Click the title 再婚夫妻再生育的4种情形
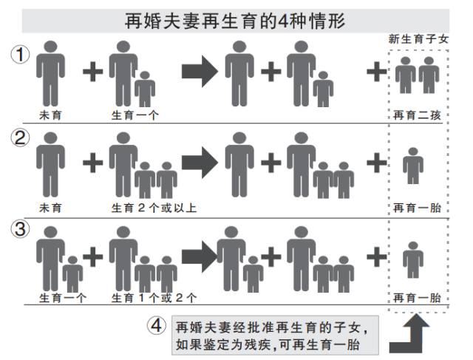(235, 20)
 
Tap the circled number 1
(20, 55)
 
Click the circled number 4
(155, 325)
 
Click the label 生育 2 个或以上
(154, 208)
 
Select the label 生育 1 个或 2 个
(154, 298)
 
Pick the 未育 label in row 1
(50, 115)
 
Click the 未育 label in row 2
(50, 208)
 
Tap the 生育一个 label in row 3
(63, 298)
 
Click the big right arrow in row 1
(199, 72)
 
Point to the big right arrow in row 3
(197, 256)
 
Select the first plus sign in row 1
(92, 72)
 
